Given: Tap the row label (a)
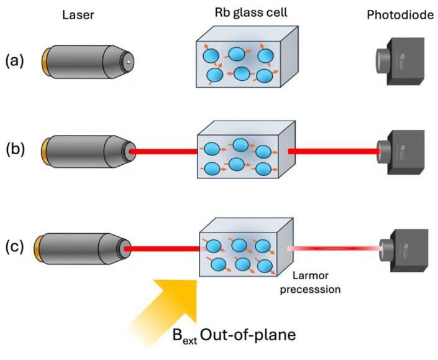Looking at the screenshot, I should [17, 62].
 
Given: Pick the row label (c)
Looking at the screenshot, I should [17, 246].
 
